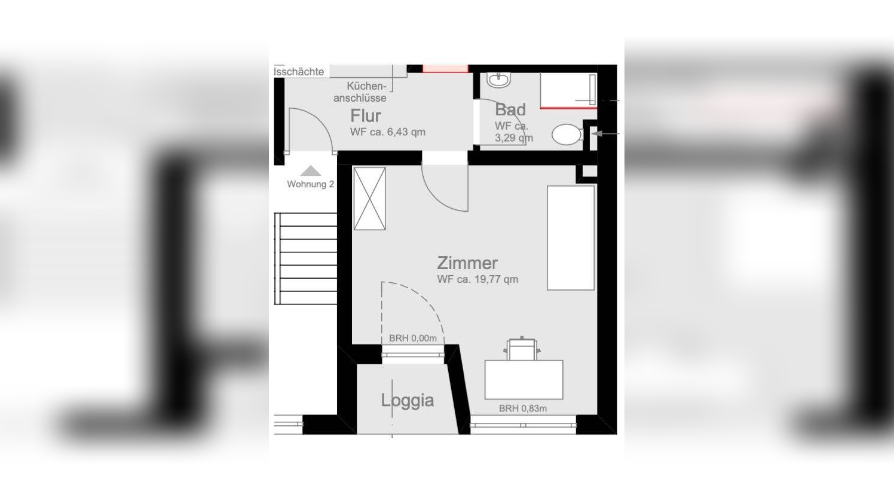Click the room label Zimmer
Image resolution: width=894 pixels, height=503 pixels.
(x=467, y=263)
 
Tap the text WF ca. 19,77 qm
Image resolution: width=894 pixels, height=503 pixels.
(x=477, y=279)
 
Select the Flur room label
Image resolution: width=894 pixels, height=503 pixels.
(x=365, y=115)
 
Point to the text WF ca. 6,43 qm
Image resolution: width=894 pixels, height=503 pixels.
(x=387, y=132)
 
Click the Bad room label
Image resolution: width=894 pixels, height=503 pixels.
(x=510, y=109)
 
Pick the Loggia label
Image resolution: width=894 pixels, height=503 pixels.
(x=407, y=400)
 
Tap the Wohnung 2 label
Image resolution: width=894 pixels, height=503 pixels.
(x=310, y=184)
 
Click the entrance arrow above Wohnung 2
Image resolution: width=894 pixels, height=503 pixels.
(x=311, y=171)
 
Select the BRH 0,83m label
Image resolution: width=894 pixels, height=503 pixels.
(x=522, y=409)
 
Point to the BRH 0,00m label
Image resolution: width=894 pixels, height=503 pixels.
(x=412, y=339)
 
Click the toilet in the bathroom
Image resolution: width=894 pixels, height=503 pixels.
(x=566, y=135)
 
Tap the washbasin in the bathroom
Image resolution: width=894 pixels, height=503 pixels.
(x=498, y=80)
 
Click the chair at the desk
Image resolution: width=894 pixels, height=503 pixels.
(x=522, y=349)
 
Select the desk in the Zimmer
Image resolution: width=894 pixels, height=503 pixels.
(x=523, y=379)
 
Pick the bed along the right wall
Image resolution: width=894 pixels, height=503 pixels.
(x=571, y=237)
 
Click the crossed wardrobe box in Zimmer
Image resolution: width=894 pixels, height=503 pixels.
(x=369, y=199)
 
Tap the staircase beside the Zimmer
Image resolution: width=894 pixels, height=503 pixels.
(x=306, y=258)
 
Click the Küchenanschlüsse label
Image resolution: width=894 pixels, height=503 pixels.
(x=360, y=92)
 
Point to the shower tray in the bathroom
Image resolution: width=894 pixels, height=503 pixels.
(x=568, y=90)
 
